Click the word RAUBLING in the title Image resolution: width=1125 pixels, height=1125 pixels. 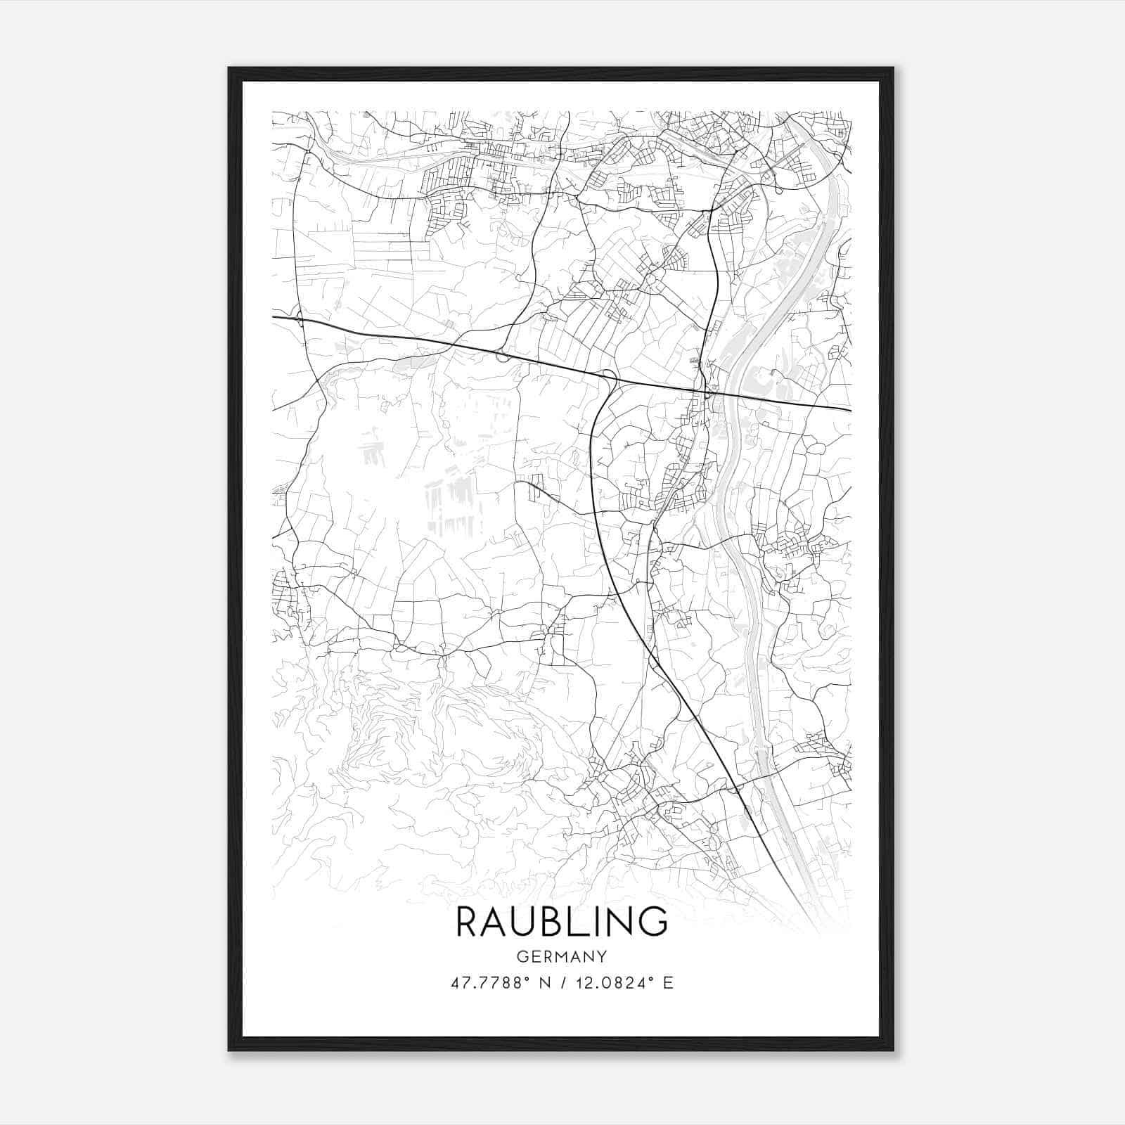pyautogui.click(x=562, y=921)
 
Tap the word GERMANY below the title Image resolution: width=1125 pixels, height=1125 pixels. pyautogui.click(x=562, y=956)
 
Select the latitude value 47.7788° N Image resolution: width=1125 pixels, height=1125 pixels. pyautogui.click(x=501, y=982)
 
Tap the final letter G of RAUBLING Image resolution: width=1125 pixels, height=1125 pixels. pyautogui.click(x=654, y=921)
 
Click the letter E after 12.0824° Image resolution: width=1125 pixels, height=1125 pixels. pyautogui.click(x=669, y=982)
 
